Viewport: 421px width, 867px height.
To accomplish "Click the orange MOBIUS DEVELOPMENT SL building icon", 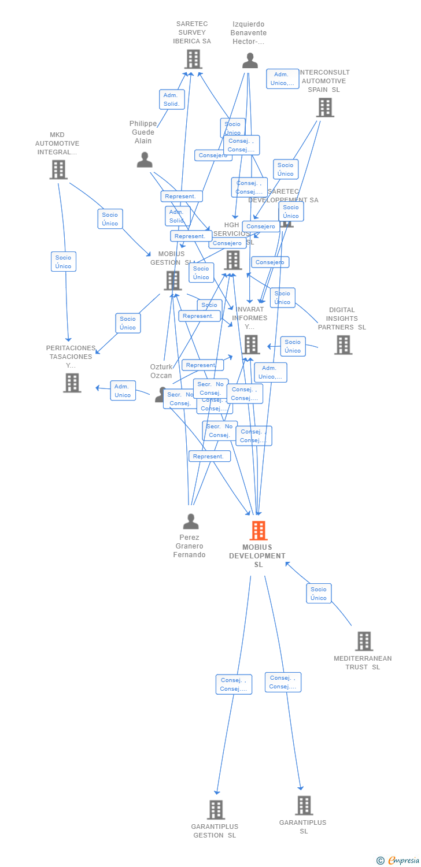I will (258, 531).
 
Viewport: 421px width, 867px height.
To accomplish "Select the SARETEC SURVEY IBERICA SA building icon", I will (193, 59).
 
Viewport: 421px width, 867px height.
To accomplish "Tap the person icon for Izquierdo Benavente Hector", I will (250, 61).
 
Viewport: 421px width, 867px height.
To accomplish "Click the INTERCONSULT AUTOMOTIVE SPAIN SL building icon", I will (325, 108).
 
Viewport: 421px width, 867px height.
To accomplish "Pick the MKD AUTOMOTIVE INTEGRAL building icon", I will (58, 170).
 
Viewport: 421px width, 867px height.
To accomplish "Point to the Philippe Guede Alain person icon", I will (145, 160).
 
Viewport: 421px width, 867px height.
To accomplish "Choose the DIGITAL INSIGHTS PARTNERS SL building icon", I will (343, 345).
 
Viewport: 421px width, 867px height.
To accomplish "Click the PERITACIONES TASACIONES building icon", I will (72, 383).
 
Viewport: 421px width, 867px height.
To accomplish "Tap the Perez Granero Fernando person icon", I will (190, 521).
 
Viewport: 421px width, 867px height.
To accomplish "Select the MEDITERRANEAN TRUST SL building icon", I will (364, 641).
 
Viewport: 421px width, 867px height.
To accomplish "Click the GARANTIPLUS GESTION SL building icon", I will (216, 810).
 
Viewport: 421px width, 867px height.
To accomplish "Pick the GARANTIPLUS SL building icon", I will (304, 805).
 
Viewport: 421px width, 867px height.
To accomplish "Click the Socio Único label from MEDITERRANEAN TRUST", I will (319, 594).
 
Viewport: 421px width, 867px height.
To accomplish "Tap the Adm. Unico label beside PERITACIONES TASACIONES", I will (123, 391).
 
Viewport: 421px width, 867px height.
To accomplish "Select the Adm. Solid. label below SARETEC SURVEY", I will (172, 99).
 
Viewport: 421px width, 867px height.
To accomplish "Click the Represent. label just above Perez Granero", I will (209, 456).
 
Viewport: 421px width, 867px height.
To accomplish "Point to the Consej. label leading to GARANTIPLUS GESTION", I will (234, 684).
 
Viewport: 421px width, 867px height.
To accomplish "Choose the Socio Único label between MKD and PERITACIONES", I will (64, 262).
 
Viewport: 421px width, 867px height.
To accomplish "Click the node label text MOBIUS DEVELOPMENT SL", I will (257, 555).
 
